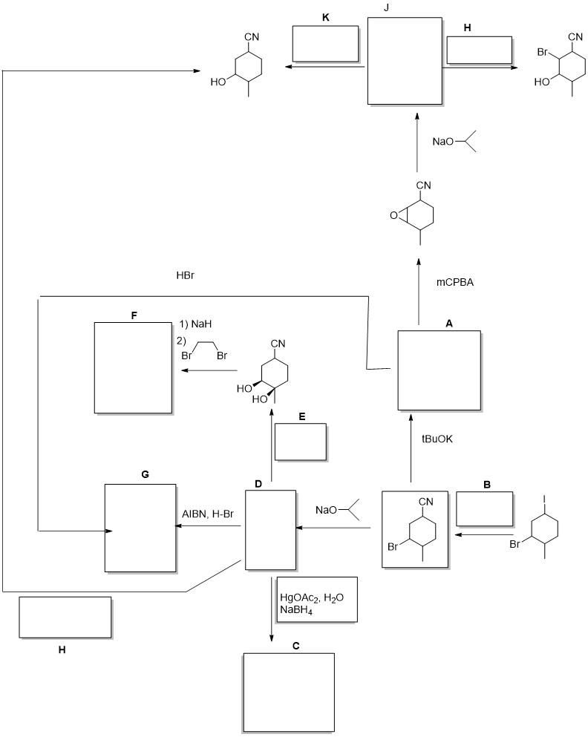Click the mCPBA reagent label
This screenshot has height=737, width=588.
(454, 283)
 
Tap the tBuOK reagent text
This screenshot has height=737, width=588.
(437, 439)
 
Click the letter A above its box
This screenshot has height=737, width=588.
(449, 324)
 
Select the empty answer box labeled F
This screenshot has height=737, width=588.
(133, 367)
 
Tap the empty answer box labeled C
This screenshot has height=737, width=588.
(289, 692)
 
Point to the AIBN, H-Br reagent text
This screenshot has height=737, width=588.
(208, 514)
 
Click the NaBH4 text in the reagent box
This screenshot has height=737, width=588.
(296, 610)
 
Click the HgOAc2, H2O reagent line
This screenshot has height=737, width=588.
(312, 597)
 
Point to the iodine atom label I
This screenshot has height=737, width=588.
(544, 498)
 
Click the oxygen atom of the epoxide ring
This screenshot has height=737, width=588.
(393, 216)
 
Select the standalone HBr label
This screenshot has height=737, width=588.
(185, 275)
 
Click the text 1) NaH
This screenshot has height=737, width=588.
(195, 324)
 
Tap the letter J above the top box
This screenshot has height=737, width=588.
(386, 8)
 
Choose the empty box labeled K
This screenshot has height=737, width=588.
(325, 44)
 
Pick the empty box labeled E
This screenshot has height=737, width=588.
(301, 442)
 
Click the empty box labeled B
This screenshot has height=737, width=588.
(485, 509)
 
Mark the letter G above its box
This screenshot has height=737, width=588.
(146, 475)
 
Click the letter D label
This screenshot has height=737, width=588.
(258, 484)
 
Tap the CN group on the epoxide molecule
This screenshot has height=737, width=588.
(423, 186)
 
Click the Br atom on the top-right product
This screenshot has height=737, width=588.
(543, 52)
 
